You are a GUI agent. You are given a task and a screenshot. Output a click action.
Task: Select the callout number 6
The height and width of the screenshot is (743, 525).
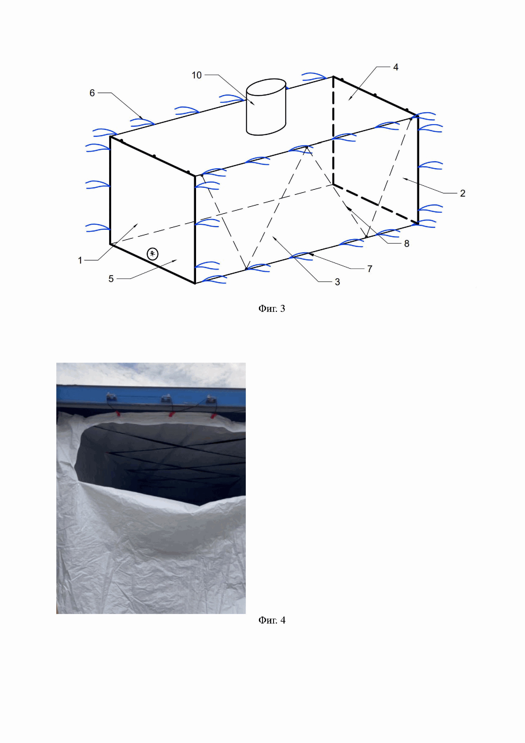(92, 93)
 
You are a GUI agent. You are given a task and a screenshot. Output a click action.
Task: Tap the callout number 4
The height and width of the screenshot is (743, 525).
(396, 67)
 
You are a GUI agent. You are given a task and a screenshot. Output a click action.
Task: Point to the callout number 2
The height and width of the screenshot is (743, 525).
(463, 193)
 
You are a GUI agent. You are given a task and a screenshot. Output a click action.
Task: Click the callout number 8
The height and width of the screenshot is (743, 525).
(407, 243)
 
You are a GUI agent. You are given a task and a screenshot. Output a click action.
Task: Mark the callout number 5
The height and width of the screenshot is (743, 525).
(111, 279)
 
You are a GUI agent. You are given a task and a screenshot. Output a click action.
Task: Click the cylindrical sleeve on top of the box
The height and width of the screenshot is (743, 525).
(266, 107)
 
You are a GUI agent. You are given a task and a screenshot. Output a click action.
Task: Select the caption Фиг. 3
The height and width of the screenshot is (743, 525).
(272, 309)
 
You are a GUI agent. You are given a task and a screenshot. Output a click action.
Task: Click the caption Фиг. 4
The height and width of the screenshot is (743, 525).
(272, 620)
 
